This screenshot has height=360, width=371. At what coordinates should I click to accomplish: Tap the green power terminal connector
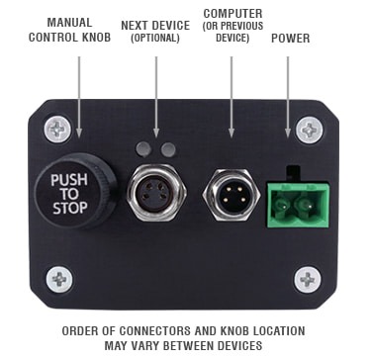click(298, 205)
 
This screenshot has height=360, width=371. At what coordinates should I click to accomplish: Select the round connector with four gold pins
click(232, 195)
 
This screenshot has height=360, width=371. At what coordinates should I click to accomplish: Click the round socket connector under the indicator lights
click(157, 192)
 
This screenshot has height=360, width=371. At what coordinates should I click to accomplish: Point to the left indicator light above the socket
click(143, 149)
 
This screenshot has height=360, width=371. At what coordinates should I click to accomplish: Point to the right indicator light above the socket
click(168, 149)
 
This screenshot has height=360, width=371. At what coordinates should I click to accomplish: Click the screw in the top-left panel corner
click(57, 130)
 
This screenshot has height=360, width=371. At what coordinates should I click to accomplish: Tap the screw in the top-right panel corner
click(309, 130)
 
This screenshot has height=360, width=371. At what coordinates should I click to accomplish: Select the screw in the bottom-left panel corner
click(59, 280)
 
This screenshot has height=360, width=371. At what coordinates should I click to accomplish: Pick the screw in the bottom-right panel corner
click(308, 280)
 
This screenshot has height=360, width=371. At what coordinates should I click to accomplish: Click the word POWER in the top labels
click(291, 39)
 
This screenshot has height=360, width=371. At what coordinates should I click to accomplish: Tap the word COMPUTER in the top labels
click(233, 14)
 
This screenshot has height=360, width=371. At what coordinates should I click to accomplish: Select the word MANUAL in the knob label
click(69, 23)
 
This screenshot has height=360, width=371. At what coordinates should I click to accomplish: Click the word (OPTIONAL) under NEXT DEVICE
click(155, 38)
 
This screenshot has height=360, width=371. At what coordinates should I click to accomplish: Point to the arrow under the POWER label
click(288, 97)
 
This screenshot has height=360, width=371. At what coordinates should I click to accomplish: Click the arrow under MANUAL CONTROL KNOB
click(79, 97)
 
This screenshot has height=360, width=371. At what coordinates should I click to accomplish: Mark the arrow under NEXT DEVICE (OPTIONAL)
click(156, 97)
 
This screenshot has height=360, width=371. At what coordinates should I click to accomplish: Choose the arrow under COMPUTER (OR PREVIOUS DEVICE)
click(232, 97)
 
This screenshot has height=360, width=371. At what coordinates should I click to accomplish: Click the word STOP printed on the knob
click(70, 209)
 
